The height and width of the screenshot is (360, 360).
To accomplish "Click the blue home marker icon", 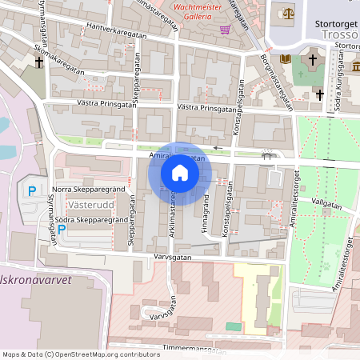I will point(180,173).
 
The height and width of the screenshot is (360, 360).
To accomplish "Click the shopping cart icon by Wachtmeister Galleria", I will point(226,30).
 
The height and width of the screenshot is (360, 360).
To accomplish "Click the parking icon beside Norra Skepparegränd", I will point(32,190).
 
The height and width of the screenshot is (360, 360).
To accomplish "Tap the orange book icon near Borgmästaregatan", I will point(286,60).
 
